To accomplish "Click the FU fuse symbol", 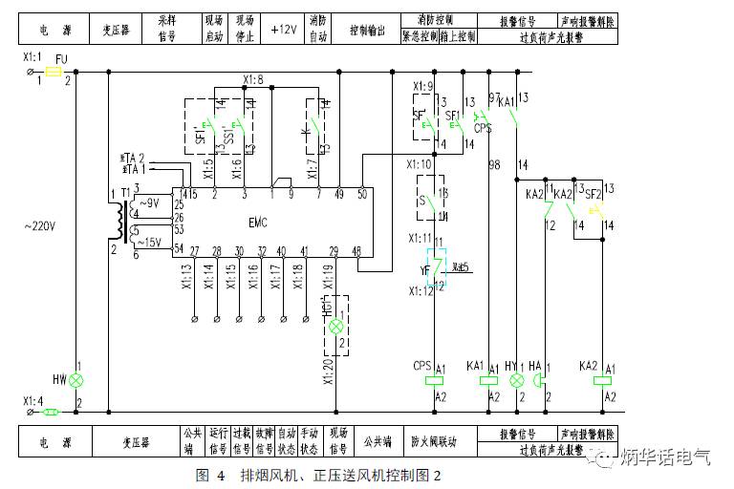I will click(54, 72).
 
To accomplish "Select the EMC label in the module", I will click(258, 222).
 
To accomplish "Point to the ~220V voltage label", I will click(40, 226).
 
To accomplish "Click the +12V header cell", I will click(284, 30).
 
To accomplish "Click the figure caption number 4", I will click(220, 475).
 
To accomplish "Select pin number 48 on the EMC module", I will click(356, 251).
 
